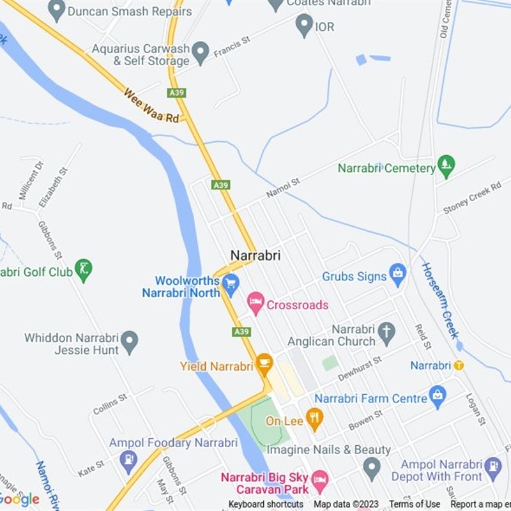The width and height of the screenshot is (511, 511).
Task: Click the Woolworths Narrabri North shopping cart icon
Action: [231, 282]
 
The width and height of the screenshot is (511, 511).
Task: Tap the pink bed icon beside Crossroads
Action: [256, 303]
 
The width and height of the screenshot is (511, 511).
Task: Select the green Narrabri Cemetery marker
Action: [446, 167]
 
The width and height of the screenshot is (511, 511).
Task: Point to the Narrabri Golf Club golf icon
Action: [83, 271]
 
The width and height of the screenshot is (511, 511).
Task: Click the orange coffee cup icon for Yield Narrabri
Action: [264, 365]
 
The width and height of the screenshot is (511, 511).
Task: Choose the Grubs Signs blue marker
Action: [398, 275]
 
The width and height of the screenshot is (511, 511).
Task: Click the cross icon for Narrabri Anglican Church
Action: [386, 333]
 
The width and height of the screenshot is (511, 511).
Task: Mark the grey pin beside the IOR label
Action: [304, 26]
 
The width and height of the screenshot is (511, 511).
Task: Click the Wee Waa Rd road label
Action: [151, 105]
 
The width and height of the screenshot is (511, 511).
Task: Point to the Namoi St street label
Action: [282, 189]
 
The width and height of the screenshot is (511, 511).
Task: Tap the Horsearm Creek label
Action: [440, 300]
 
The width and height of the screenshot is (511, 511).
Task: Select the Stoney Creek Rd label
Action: [472, 198]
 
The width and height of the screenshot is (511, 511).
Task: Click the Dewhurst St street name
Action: [360, 369]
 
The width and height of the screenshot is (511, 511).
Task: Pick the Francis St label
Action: [232, 46]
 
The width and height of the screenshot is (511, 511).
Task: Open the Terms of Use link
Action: [415, 505]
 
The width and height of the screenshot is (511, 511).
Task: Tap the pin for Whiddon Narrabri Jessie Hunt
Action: [130, 342]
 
